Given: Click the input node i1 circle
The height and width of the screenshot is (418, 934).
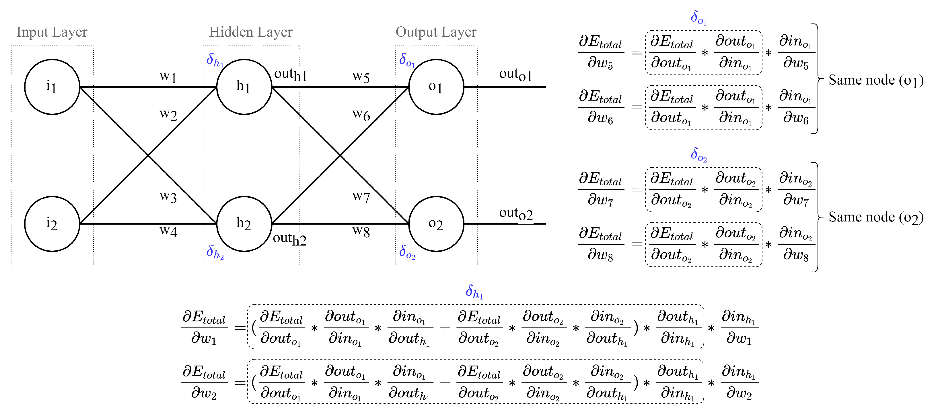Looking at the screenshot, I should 52,87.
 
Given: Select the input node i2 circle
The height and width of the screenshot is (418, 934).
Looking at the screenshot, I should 52,224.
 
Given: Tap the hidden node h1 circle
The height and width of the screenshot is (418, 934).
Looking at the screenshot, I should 244,87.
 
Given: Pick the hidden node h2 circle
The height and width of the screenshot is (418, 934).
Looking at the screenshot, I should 244,224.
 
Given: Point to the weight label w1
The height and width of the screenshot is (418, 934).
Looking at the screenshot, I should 168,76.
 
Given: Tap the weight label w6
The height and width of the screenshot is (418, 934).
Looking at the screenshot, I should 361,115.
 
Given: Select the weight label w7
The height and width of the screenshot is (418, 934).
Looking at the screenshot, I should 361,197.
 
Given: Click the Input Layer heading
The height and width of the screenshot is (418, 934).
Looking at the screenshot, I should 52,32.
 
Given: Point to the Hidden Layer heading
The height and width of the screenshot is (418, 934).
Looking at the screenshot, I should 250,32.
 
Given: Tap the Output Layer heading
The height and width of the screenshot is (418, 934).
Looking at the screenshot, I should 436,32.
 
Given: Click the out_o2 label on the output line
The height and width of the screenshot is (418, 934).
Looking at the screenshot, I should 516,214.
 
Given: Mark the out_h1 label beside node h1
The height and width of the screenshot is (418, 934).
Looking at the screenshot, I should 290,74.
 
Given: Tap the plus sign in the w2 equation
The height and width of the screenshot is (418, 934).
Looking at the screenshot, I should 445,383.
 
